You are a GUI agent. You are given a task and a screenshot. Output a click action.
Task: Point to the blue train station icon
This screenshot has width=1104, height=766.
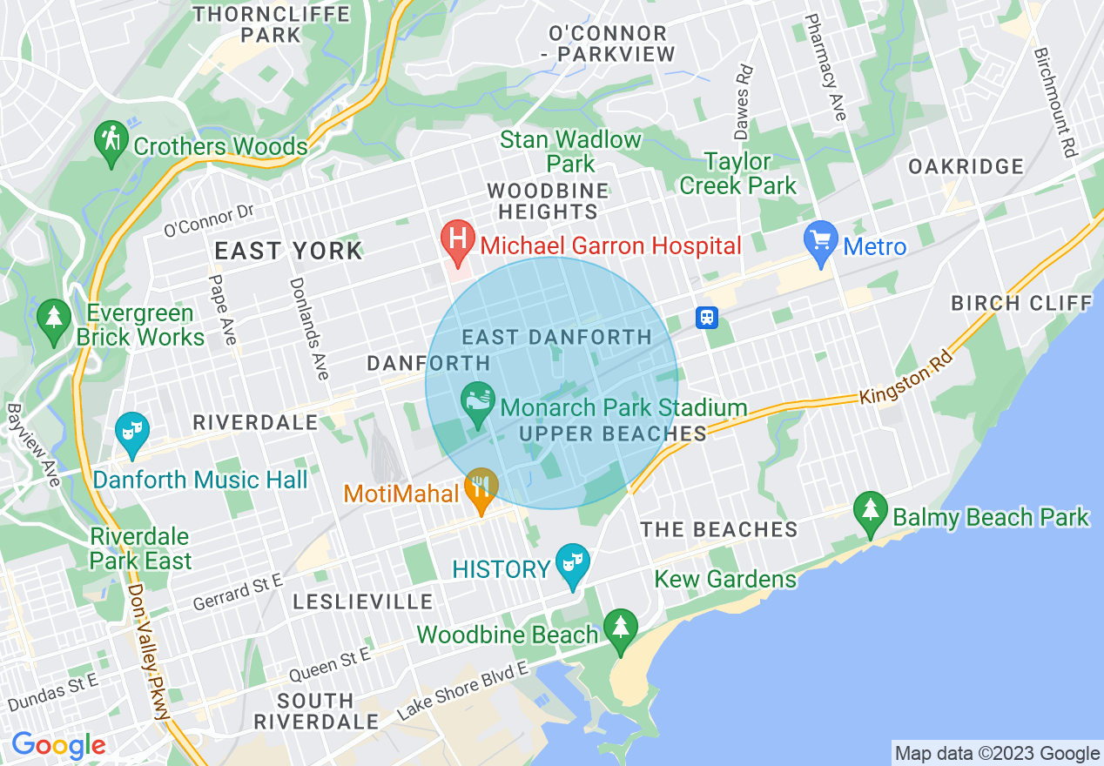707,318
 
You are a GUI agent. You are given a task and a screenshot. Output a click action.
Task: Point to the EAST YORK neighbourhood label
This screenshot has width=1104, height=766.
288,252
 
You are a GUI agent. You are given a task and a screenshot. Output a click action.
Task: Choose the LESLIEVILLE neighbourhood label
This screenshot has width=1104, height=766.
362,601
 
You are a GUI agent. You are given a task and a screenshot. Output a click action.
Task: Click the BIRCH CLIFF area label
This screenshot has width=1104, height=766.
1020,303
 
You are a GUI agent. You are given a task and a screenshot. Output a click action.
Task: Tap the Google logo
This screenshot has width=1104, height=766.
58,745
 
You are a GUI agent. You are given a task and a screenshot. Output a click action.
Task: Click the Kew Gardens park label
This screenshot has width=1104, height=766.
725,579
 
